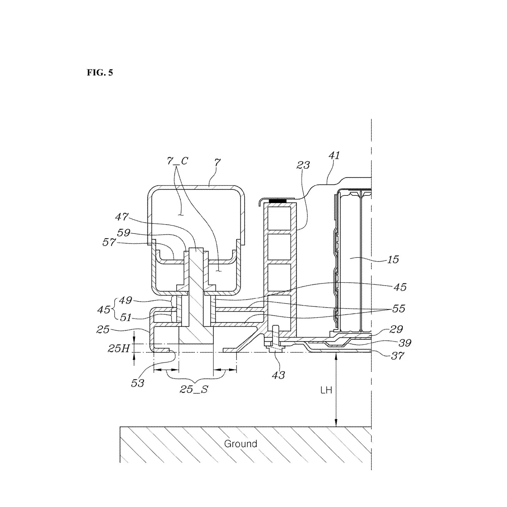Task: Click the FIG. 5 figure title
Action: (100, 73)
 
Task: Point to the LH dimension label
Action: (326, 390)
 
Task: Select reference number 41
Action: (334, 155)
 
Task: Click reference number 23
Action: (303, 165)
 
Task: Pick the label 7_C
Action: (177, 161)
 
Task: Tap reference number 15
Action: (393, 259)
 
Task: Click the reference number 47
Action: (122, 217)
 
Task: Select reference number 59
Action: (124, 233)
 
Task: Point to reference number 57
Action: (109, 242)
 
